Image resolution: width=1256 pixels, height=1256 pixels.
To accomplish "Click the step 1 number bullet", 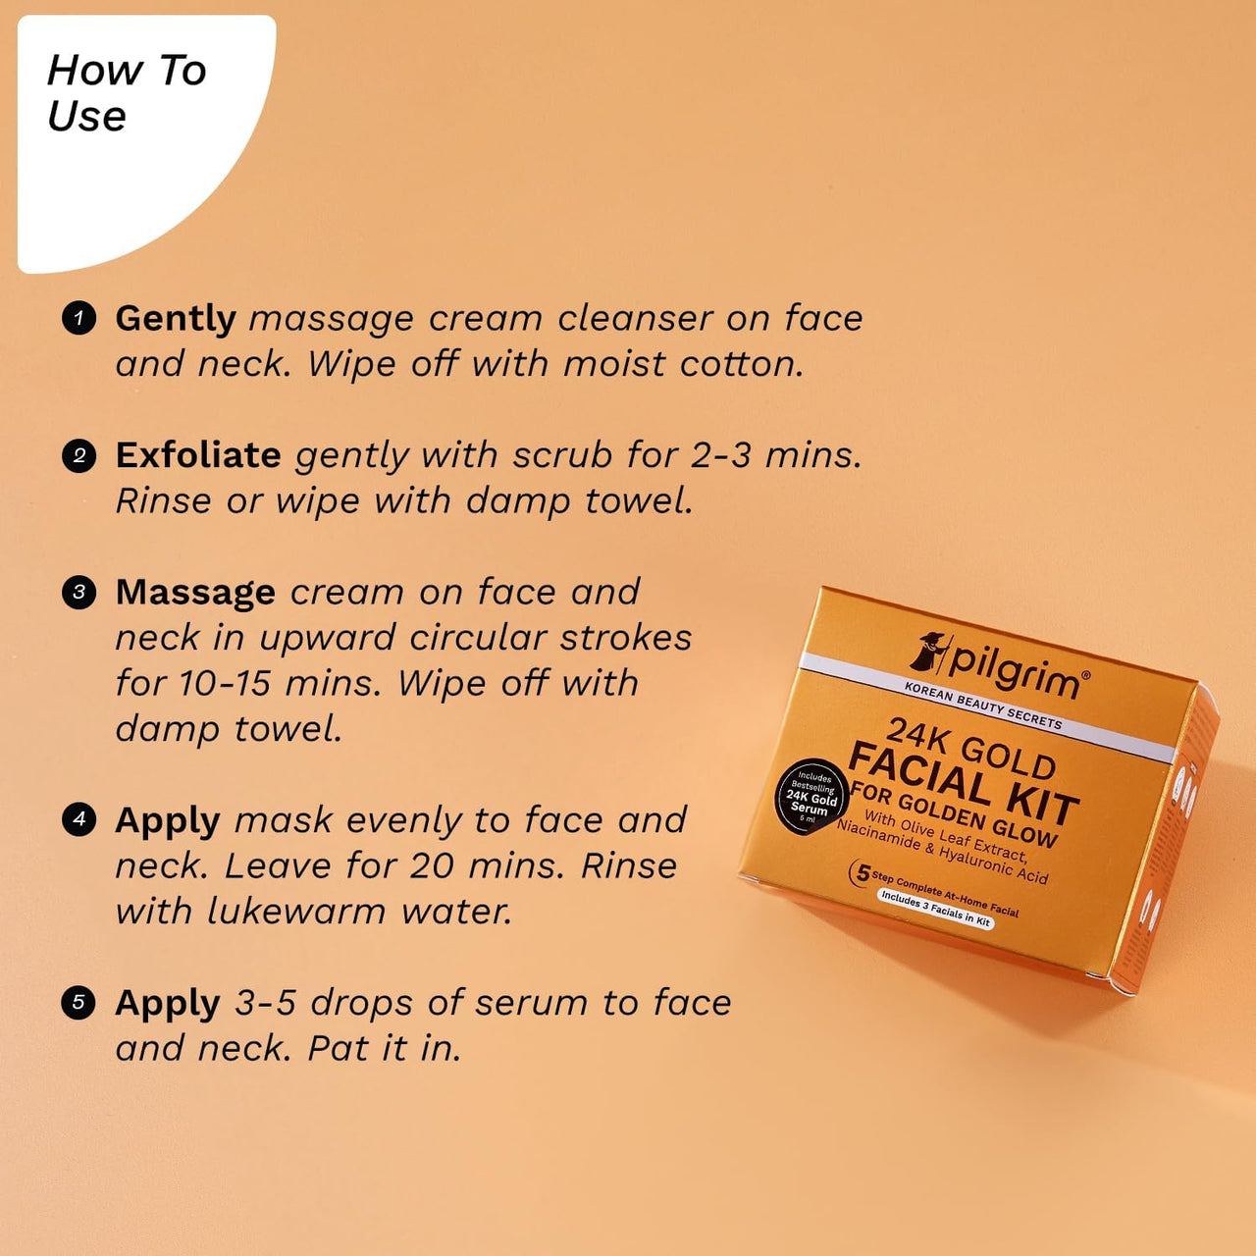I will click(78, 319).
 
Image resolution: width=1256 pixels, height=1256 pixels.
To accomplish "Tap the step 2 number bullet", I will click(78, 455).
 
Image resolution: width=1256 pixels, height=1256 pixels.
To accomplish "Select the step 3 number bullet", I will click(78, 593).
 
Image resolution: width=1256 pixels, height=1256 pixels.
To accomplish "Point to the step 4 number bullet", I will click(78, 819).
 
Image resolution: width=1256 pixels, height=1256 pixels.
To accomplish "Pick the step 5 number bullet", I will click(78, 1003).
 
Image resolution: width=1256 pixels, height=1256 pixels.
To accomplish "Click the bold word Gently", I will click(176, 319).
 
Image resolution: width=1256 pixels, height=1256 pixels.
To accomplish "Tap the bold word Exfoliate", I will click(198, 455).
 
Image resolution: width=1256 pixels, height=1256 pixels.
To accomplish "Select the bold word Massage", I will click(195, 593).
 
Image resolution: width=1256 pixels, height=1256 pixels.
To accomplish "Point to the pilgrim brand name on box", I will click(1016, 667).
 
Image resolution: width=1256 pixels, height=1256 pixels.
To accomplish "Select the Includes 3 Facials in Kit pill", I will click(935, 910).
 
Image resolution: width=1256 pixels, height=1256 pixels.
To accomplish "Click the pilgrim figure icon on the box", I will click(929, 652).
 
